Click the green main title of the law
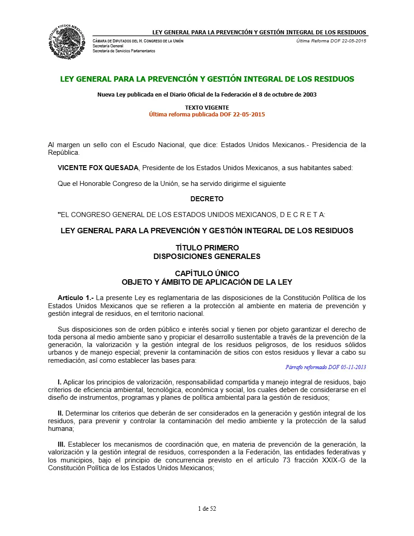tap(207, 79)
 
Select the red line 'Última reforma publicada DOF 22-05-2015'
tap(207, 114)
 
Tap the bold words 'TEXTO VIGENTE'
tap(207, 108)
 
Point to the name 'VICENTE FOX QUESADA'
tap(99, 168)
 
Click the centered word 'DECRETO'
tap(207, 199)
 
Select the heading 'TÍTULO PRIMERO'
tap(207, 248)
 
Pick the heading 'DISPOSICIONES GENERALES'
tap(207, 256)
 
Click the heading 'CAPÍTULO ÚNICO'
tap(207, 273)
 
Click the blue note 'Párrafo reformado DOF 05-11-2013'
tap(326, 367)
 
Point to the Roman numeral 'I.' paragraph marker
tap(60, 382)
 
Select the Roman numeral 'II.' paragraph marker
tap(60, 413)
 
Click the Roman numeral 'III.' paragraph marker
tap(61, 444)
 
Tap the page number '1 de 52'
tap(207, 508)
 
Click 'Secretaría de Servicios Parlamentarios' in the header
tap(124, 51)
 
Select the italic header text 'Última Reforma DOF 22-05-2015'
tap(331, 41)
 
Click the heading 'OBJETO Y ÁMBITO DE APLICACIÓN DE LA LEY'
tap(207, 282)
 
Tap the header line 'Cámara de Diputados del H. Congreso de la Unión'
tap(138, 41)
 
